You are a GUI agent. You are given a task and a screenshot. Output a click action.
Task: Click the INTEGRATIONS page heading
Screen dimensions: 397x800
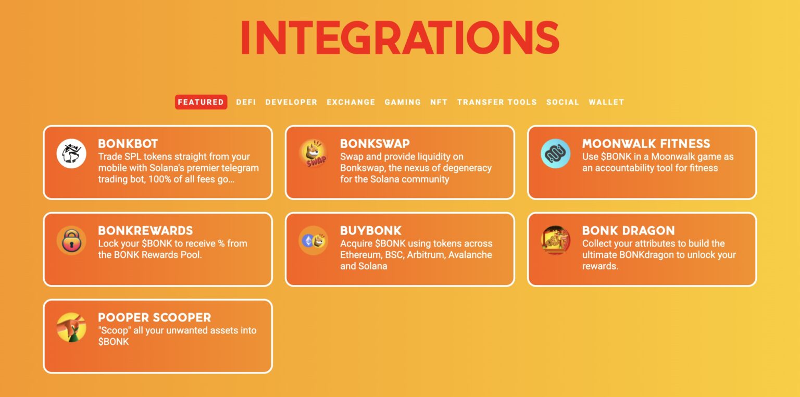click(399, 38)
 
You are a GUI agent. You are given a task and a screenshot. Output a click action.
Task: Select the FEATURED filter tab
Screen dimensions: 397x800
click(201, 102)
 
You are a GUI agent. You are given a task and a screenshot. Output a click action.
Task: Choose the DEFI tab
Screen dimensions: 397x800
click(246, 102)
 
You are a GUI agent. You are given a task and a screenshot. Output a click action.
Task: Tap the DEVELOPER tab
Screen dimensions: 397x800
click(291, 102)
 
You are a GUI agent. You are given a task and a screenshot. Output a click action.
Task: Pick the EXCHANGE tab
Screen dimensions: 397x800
click(351, 102)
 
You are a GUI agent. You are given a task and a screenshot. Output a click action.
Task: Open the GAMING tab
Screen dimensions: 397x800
click(403, 102)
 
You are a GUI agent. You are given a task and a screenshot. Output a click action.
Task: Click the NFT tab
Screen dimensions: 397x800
click(439, 102)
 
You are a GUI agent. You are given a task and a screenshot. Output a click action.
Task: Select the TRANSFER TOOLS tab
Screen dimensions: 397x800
click(497, 102)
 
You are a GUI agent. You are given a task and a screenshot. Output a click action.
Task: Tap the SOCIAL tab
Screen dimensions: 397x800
click(562, 102)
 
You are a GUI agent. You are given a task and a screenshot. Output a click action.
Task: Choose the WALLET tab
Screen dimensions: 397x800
click(606, 102)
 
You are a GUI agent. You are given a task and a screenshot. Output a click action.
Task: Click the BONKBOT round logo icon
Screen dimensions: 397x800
click(71, 154)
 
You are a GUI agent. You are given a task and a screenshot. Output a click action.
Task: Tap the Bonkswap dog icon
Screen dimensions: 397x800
click(314, 154)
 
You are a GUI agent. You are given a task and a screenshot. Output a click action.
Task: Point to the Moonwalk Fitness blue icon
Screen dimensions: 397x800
click(556, 154)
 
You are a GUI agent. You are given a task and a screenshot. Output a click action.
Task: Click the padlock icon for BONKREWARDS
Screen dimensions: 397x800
click(71, 241)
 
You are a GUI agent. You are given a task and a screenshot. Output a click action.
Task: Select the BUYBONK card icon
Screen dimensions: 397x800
click(314, 241)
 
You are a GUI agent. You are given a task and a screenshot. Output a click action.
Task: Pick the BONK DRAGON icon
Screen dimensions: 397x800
click(556, 241)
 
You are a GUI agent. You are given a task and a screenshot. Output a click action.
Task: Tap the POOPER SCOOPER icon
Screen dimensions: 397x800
click(71, 328)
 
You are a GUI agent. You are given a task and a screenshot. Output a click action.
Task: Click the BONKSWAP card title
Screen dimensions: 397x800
click(375, 144)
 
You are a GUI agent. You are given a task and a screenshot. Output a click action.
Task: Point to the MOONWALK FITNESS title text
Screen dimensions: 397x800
click(646, 144)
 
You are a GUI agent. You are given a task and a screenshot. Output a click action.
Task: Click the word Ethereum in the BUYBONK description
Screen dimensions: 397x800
click(361, 255)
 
